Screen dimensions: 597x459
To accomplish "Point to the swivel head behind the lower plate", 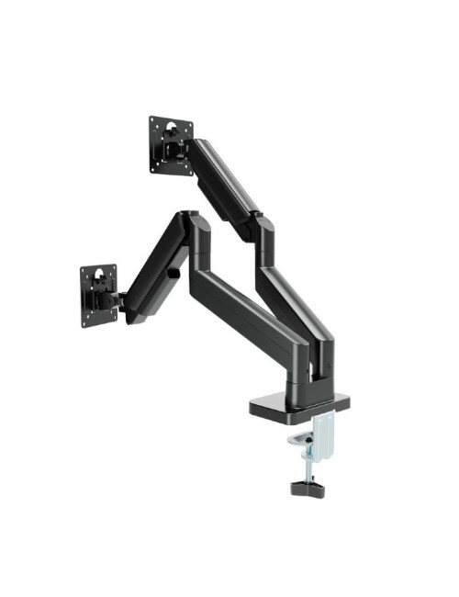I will pos(116,298).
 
